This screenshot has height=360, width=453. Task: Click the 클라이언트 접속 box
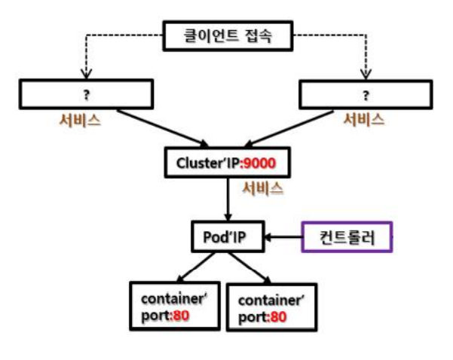coord(226,35)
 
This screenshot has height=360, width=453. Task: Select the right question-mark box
coord(367,95)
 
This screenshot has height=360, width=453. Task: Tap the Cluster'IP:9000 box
coord(227,161)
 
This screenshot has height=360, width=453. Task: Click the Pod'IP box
coord(227,238)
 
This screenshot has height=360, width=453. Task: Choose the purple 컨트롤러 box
coord(347,238)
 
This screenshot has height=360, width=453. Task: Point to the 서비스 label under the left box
coord(81,120)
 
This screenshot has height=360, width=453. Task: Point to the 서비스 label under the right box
coord(364,120)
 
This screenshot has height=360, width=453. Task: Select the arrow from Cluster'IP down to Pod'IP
coord(227,200)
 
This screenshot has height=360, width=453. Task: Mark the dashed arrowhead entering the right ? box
coord(367,74)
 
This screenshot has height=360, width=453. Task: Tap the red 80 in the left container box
coord(181,316)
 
